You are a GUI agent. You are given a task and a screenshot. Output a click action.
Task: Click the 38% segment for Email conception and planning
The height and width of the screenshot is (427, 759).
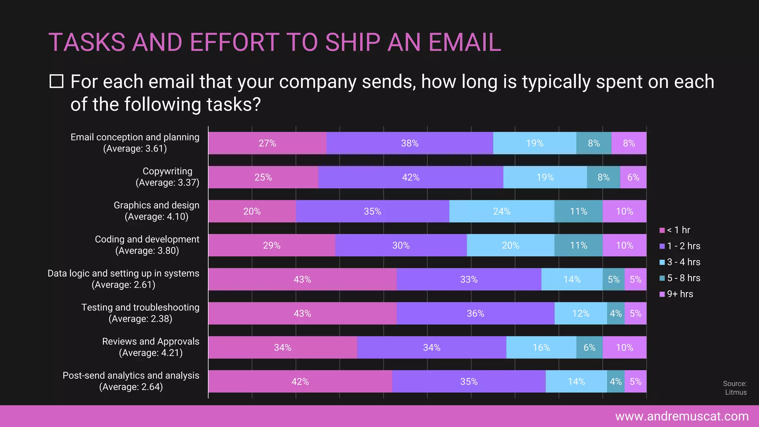pos(410,143)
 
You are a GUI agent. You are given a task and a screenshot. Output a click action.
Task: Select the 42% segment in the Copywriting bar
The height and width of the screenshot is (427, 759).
pos(411,177)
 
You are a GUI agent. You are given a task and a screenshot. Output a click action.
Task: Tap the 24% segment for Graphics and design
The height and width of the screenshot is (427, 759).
pos(501,211)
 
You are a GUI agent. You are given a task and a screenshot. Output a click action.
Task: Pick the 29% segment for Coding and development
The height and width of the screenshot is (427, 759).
pos(271,245)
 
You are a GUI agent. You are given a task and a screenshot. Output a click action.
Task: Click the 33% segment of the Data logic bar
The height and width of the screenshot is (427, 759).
pos(468,279)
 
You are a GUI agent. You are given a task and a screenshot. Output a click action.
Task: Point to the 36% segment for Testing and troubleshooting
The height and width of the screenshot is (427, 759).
pos(475,314)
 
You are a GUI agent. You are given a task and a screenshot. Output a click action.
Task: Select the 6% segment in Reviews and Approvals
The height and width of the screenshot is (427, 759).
pos(589,348)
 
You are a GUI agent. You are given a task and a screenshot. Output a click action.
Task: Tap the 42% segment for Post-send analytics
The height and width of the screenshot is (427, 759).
pos(300,382)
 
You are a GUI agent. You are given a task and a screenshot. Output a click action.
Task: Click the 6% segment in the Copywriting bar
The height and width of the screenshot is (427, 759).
pos(633,177)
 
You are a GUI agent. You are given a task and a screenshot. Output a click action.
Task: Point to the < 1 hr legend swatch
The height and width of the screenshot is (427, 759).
pos(662,230)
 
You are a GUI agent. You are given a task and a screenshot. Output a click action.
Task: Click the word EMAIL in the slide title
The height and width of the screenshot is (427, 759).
pos(464,42)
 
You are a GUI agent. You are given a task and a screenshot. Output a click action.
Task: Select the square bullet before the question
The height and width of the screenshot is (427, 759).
pos(56,81)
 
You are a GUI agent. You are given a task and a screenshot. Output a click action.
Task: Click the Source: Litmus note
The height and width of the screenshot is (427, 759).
pos(735,388)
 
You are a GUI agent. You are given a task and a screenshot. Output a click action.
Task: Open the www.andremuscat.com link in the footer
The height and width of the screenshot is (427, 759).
pos(682,416)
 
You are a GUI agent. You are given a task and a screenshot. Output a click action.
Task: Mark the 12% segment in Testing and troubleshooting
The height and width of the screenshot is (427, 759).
pos(580,314)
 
